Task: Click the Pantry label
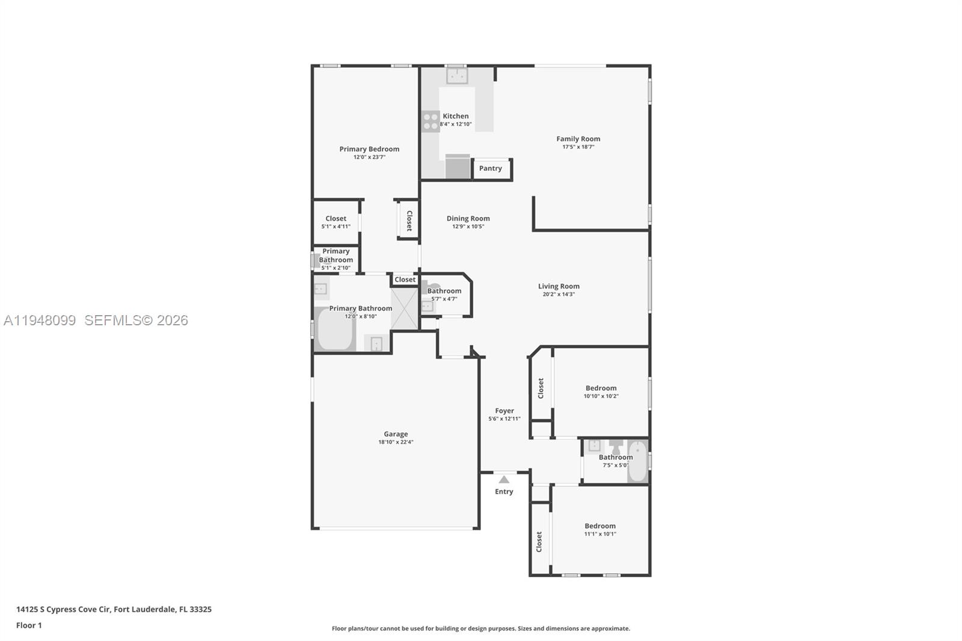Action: coord(490,168)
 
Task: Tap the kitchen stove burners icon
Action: coord(430,121)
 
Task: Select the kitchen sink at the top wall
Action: coord(456,76)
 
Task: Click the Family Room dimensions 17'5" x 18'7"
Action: coord(578,147)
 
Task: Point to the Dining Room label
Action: coord(468,218)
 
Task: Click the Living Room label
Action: coord(559,286)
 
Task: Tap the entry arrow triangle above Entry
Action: coord(504,479)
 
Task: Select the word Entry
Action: coord(504,491)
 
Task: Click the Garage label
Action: coord(396,434)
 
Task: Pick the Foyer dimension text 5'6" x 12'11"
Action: coord(504,419)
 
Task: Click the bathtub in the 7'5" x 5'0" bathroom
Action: coord(637,461)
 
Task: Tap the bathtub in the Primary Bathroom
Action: coord(334,328)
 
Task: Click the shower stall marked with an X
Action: coord(405,308)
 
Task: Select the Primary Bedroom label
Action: coord(369,149)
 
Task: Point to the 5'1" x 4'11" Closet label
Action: coord(335,218)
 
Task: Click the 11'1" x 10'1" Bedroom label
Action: coord(600,526)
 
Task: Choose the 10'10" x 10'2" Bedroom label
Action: coord(601,388)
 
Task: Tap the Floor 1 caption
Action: coord(29,625)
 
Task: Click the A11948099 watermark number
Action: coord(40,320)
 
